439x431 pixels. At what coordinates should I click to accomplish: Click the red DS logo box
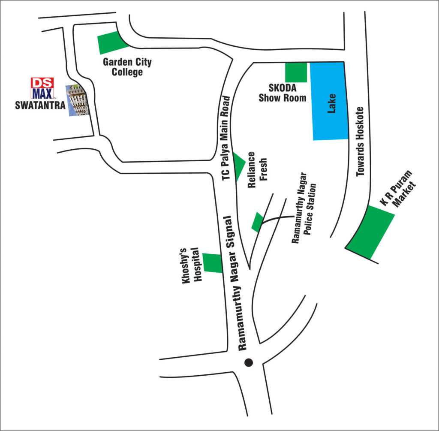tap(42, 82)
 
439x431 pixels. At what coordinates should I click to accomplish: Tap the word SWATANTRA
tap(39, 105)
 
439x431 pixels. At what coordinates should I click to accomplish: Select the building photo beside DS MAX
tap(76, 100)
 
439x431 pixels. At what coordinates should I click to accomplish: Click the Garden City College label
tap(127, 67)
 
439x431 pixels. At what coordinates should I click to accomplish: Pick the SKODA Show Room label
tap(282, 93)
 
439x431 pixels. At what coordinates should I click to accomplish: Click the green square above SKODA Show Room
tap(296, 72)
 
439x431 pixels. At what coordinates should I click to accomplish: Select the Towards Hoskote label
tap(360, 142)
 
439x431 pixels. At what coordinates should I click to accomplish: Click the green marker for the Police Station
tap(257, 222)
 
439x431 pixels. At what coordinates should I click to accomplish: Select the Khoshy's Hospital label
tap(191, 265)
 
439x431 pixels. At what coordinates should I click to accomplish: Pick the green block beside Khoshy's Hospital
tap(213, 262)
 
